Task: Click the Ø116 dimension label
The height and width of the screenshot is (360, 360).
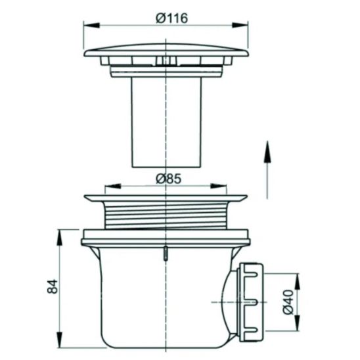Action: (171, 18)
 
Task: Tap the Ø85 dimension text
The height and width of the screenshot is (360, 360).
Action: (169, 179)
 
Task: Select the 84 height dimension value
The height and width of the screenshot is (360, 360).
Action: (53, 286)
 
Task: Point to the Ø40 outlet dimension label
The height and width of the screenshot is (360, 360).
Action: (288, 302)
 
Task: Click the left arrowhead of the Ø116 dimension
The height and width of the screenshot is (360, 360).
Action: (91, 25)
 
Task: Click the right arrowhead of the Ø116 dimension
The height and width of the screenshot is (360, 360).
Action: (240, 25)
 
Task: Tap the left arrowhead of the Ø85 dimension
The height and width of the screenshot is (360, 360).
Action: (112, 186)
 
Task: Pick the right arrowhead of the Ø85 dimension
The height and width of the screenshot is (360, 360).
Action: (218, 186)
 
